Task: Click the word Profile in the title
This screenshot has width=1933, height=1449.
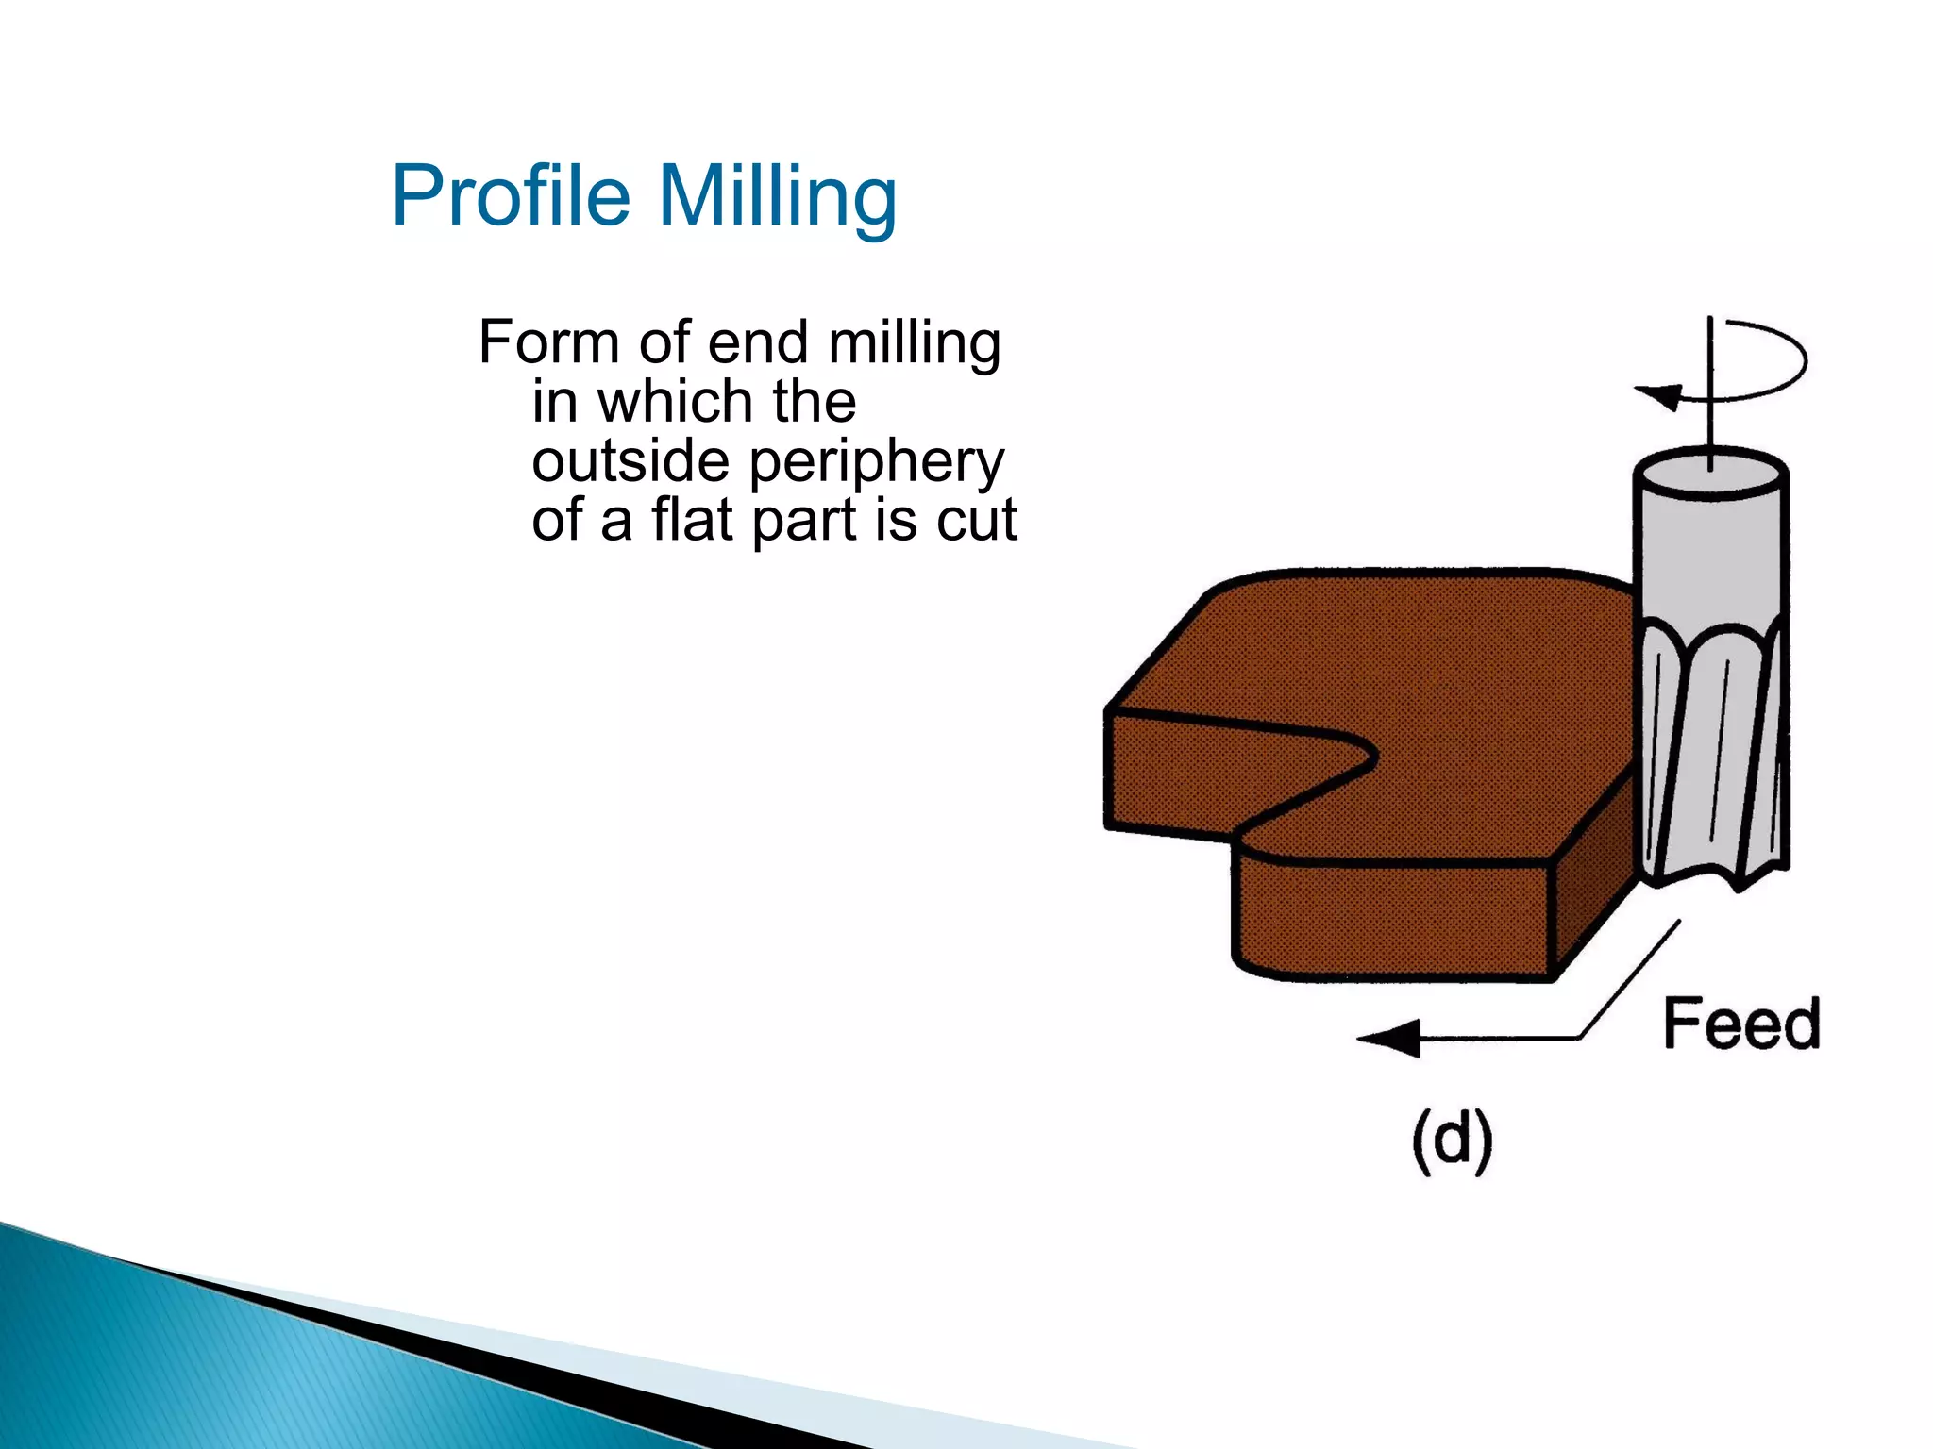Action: coord(511,196)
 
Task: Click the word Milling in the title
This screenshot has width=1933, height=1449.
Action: coord(777,196)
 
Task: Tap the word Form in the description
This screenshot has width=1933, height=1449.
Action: coord(548,341)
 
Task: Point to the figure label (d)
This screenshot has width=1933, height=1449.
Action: coord(1453,1141)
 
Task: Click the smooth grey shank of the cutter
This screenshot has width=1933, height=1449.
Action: coord(1710,557)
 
